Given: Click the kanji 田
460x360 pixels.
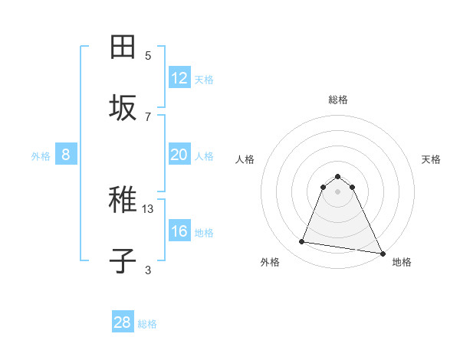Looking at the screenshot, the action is pyautogui.click(x=123, y=47).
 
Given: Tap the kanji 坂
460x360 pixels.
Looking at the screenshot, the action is pyautogui.click(x=123, y=107).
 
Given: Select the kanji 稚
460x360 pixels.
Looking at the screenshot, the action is pyautogui.click(x=123, y=201).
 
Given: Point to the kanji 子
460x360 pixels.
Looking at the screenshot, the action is pyautogui.click(x=123, y=261).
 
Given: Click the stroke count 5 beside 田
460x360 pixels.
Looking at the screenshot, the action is pyautogui.click(x=148, y=55).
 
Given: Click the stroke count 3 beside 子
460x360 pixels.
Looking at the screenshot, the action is pyautogui.click(x=148, y=270).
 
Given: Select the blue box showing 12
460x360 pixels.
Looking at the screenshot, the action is pyautogui.click(x=179, y=78).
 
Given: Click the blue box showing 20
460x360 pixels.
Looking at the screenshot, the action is pyautogui.click(x=179, y=155).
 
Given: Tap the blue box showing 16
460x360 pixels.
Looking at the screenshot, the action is pyautogui.click(x=179, y=231).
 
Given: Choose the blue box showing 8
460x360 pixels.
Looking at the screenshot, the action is pyautogui.click(x=66, y=155).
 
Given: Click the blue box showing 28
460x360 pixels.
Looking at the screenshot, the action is pyautogui.click(x=123, y=322).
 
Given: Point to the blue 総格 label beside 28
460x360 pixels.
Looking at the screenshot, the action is pyautogui.click(x=147, y=324).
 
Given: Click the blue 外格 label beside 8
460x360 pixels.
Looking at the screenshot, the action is pyautogui.click(x=41, y=156).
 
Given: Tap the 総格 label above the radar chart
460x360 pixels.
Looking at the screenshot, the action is pyautogui.click(x=338, y=100).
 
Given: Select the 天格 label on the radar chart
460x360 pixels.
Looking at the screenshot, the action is pyautogui.click(x=431, y=159).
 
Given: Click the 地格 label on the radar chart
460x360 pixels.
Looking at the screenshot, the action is pyautogui.click(x=402, y=262).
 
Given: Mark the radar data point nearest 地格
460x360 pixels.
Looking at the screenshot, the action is pyautogui.click(x=382, y=252).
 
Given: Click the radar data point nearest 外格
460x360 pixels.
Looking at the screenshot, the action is pyautogui.click(x=302, y=242).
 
